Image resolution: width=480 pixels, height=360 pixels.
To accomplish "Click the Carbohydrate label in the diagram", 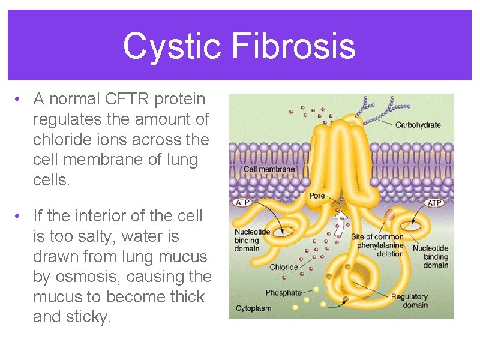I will click(418, 125).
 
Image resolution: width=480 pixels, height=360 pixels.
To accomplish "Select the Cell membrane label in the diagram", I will click(269, 169).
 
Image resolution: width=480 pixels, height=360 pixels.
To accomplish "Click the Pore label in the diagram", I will click(317, 196).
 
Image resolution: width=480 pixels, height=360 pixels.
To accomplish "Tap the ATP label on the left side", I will click(242, 203).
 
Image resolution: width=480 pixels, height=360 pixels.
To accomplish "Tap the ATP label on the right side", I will click(434, 203).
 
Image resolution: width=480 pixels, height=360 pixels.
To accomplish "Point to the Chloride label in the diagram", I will click(284, 268).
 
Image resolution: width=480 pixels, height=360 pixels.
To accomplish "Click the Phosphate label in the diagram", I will click(283, 293).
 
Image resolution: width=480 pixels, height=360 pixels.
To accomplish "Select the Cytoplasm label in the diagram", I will click(253, 308).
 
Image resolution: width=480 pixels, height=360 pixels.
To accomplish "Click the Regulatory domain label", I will click(409, 301).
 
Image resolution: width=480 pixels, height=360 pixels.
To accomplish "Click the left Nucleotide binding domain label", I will click(252, 240).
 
